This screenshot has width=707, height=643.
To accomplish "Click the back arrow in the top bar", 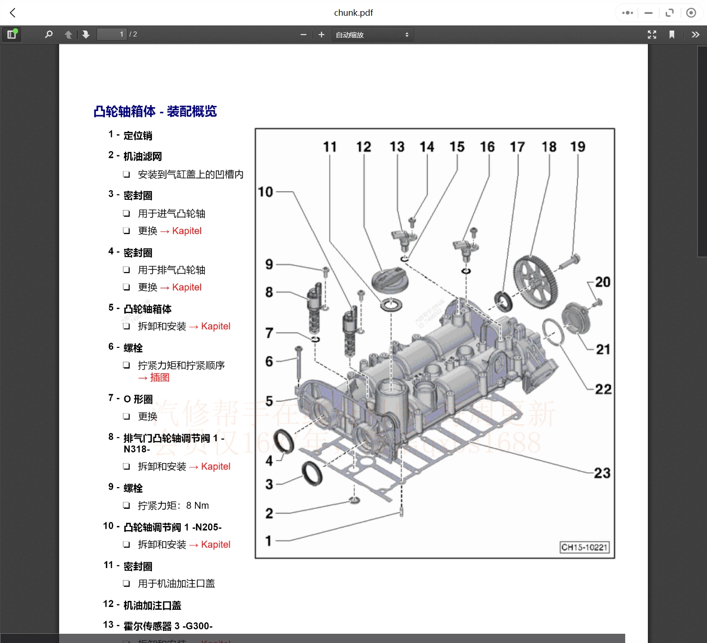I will [13, 13].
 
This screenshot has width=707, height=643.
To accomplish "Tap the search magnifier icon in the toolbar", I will [49, 34].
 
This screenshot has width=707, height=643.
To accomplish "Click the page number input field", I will [111, 34].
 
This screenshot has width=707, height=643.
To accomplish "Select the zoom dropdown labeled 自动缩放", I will [372, 35].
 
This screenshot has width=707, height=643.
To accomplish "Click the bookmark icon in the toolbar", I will [671, 35].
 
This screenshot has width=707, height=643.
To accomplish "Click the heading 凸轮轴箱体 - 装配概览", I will [155, 111].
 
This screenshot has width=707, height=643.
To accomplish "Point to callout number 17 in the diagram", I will [517, 147].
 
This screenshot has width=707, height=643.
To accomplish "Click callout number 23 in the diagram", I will [602, 473].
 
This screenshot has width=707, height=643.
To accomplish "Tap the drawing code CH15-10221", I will [584, 547].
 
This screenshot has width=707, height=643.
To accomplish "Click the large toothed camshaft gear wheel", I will [536, 282].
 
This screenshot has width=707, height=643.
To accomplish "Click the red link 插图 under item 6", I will [160, 377].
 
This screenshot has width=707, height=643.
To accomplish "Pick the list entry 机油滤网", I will [142, 156].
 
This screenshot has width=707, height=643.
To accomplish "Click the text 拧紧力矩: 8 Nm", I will [173, 506].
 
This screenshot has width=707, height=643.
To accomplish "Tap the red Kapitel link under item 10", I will [215, 544].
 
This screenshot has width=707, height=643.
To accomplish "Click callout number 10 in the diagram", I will [265, 192].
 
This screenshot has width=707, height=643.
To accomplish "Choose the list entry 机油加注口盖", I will [152, 605].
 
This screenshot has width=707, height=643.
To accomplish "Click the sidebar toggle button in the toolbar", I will [12, 34].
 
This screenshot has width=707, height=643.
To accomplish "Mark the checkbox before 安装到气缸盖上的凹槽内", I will [126, 174].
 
